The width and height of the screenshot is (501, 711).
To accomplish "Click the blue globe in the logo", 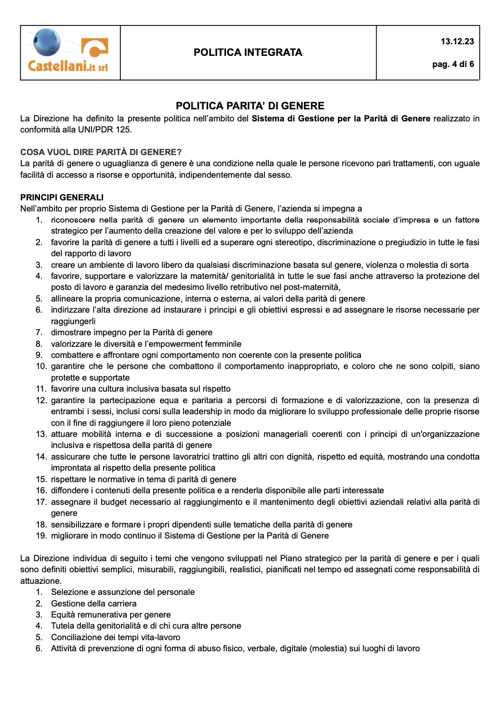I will coord(47,42).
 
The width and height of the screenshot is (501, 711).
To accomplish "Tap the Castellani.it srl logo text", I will coord(67,66).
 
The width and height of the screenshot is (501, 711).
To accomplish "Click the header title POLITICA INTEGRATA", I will coord(248,53).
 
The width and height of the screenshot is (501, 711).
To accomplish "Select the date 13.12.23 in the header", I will coord(457,41).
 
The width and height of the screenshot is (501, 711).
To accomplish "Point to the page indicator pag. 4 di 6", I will coord(453,64).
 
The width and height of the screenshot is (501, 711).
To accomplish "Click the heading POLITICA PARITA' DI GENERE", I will coord(250,106).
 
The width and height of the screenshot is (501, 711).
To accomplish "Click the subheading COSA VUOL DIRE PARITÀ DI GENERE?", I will coord(101,152).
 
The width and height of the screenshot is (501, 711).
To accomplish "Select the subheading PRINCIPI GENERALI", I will coord(62,197).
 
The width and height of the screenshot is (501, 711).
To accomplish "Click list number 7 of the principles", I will coord(40,332).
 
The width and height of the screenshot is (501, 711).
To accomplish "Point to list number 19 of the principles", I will coord(41,536).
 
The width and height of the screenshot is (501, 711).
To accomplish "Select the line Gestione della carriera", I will coord(93,604).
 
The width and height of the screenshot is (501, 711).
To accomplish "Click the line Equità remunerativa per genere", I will coord(111,615).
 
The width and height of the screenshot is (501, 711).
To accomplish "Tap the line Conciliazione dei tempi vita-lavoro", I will coord(116,637).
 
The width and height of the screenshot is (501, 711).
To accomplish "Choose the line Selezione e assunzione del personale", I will coord(123,592).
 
